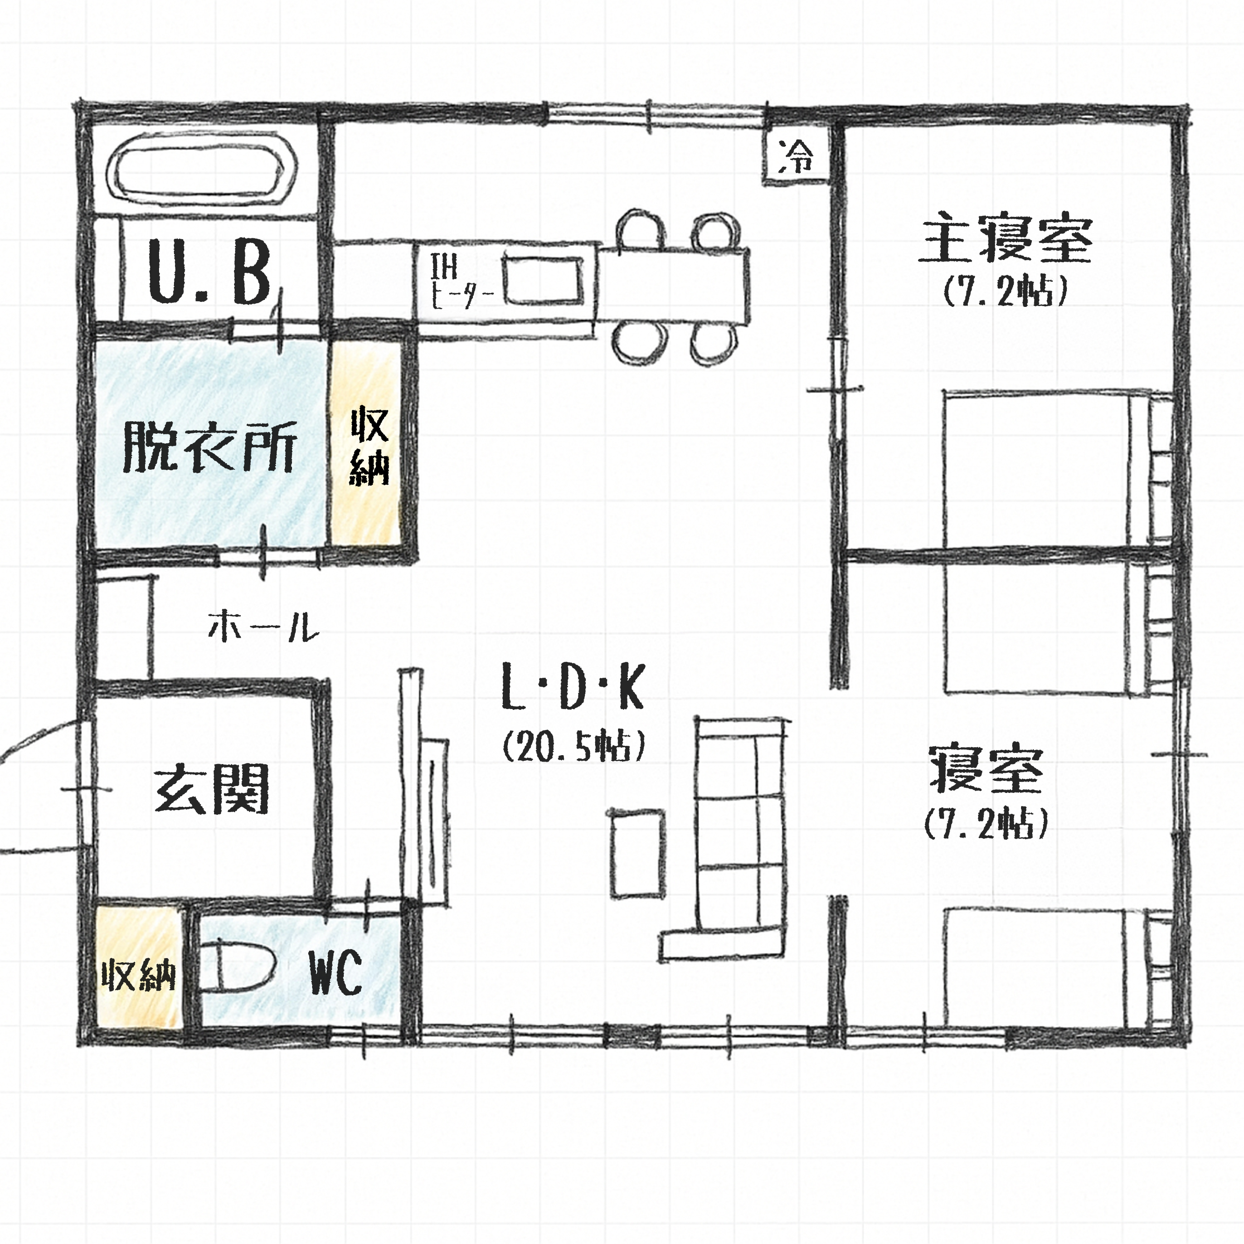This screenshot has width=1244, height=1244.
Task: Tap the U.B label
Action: [209, 271]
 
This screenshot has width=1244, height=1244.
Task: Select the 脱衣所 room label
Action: [210, 447]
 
